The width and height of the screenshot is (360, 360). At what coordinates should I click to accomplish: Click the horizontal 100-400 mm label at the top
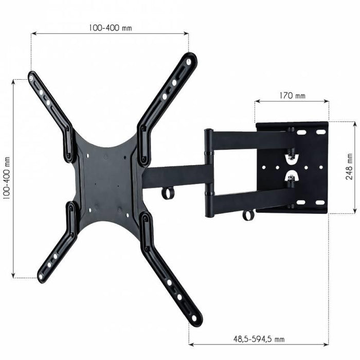[110, 28]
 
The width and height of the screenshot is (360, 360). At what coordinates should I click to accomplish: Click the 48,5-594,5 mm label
[259, 339]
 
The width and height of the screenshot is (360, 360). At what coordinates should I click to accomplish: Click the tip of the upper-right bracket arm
[190, 59]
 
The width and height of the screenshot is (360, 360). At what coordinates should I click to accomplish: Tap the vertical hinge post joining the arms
[209, 172]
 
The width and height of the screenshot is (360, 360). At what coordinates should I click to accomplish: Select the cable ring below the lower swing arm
[248, 214]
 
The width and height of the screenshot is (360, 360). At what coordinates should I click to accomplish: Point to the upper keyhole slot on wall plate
[291, 154]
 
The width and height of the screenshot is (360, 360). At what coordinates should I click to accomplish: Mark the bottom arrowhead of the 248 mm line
[354, 210]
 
